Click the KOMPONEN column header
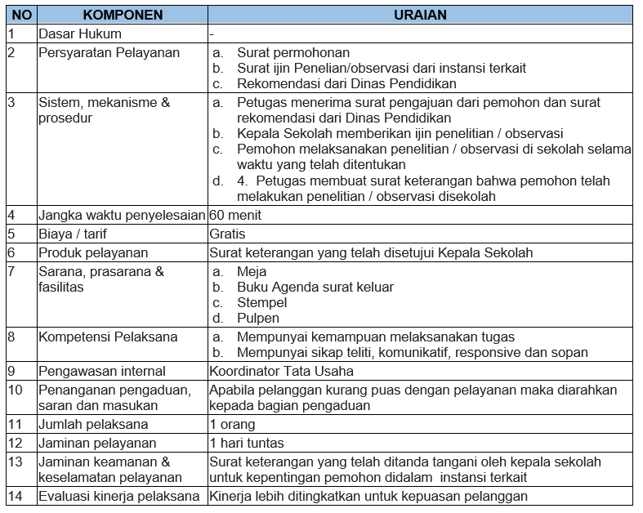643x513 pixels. pos(123,15)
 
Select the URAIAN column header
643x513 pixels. pos(420,15)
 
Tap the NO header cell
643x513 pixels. pos(20,15)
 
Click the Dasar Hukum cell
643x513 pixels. pos(80,33)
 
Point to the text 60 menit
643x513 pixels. pos(235,216)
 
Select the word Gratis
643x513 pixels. pos(228,234)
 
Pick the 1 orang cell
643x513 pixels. pos(232,424)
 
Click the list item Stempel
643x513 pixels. pos(261,302)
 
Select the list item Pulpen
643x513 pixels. pos(258,318)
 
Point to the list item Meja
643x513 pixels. pos(252,271)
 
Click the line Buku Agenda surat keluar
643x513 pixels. pos(315,287)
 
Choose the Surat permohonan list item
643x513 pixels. pos(293,52)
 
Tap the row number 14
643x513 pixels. pos(16,496)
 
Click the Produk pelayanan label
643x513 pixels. pos(93,252)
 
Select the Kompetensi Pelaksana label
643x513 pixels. pos(108,337)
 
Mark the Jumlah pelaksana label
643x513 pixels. pos(93,424)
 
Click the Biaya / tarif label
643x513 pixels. pos(74,234)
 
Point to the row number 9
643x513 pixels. pos(11,371)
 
